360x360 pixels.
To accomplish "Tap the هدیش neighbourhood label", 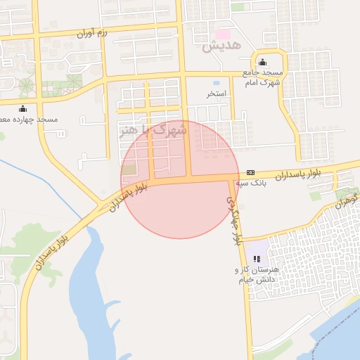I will [221, 46].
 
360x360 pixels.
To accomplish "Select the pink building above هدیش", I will [223, 34].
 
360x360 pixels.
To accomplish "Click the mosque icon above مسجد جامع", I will [262, 62].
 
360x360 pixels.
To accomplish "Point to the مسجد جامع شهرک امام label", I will [262, 77].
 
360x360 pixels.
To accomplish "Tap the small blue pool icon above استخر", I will [215, 82].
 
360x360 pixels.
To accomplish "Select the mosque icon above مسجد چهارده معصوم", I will [22, 108].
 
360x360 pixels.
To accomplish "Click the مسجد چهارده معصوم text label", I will [28, 120].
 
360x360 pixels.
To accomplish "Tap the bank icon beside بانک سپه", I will [251, 173].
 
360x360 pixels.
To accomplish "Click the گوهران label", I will [346, 202].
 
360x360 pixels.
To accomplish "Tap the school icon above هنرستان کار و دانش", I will [256, 259].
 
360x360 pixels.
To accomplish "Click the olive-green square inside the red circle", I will [129, 169].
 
